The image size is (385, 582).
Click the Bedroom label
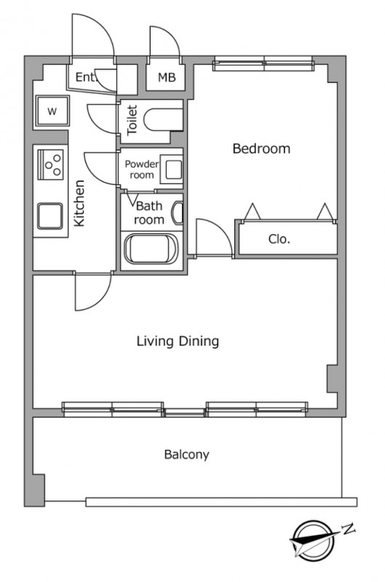261,148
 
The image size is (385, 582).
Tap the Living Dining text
178,341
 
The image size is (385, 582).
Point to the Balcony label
187,454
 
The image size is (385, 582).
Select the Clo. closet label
279,239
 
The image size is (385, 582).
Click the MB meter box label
167,78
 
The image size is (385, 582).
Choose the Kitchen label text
79,203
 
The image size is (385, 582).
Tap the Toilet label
132,120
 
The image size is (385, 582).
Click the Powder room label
142,170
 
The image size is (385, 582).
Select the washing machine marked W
52,111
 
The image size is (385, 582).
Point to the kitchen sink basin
49,216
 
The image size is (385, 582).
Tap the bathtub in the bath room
151,249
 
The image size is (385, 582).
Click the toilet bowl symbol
162,119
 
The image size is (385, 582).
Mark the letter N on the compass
348,529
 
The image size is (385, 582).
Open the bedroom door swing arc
222,228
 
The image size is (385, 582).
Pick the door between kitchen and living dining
93,292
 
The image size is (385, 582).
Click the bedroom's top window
263,64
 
